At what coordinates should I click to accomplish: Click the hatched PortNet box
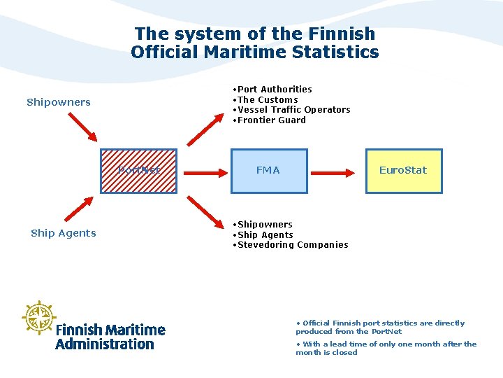pyautogui.click(x=138, y=170)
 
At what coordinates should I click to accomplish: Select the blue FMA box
pyautogui.click(x=268, y=170)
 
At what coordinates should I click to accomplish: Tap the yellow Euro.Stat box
pyautogui.click(x=404, y=170)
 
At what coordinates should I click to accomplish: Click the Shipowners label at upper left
pyautogui.click(x=59, y=102)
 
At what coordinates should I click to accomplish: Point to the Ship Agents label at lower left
pyautogui.click(x=64, y=233)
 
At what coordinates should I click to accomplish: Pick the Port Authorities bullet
pyautogui.click(x=274, y=90)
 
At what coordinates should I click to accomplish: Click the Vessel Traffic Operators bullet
pyautogui.click(x=293, y=110)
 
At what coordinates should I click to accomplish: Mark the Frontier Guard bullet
pyautogui.click(x=271, y=120)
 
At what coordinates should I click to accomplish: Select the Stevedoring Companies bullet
pyautogui.click(x=291, y=245)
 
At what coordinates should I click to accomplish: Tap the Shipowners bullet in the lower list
pyautogui.click(x=264, y=225)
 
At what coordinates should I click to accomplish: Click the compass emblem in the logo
pyautogui.click(x=38, y=318)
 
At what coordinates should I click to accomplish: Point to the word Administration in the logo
pyautogui.click(x=104, y=344)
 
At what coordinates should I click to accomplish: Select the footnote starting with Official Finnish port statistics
pyautogui.click(x=380, y=328)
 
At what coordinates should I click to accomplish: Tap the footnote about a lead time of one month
pyautogui.click(x=386, y=348)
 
